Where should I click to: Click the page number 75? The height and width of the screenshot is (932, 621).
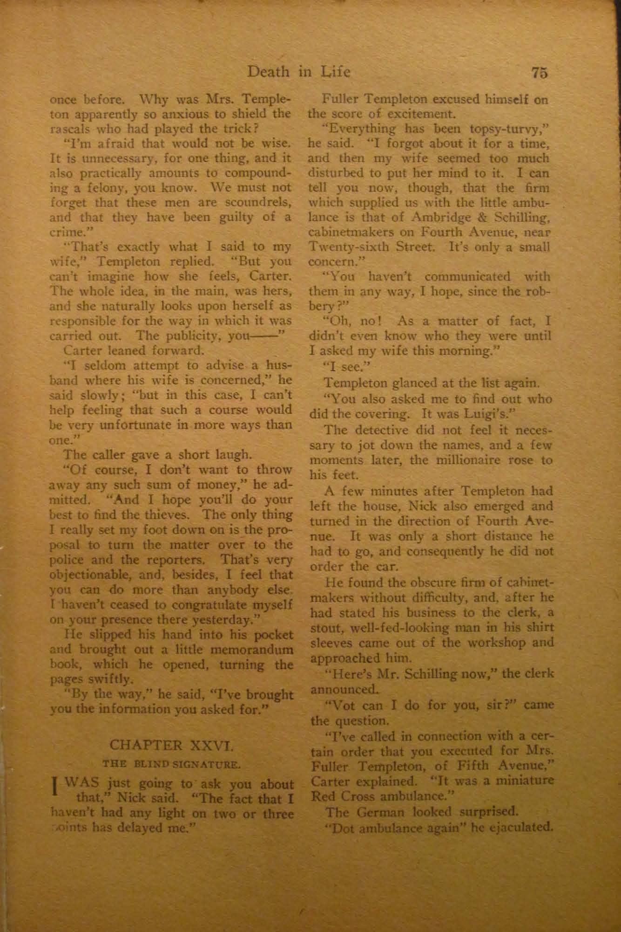(539, 73)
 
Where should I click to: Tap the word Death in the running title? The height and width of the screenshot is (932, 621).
(267, 72)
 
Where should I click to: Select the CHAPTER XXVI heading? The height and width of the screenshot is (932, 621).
(172, 746)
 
